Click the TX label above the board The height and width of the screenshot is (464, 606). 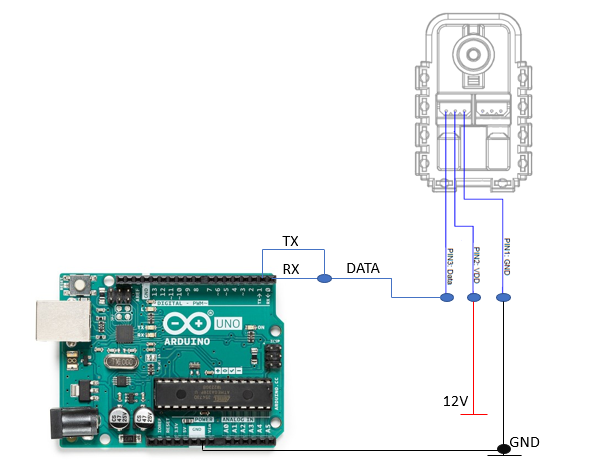[x=291, y=242]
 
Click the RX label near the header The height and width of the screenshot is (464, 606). [x=291, y=267]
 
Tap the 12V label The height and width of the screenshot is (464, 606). [x=456, y=400]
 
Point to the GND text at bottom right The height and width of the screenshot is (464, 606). [x=525, y=442]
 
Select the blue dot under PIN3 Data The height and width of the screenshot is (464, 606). [x=446, y=297]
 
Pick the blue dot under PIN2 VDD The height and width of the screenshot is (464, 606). [x=474, y=297]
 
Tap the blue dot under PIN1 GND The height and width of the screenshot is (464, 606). [x=502, y=297]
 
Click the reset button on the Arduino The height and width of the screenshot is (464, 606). [x=79, y=289]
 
